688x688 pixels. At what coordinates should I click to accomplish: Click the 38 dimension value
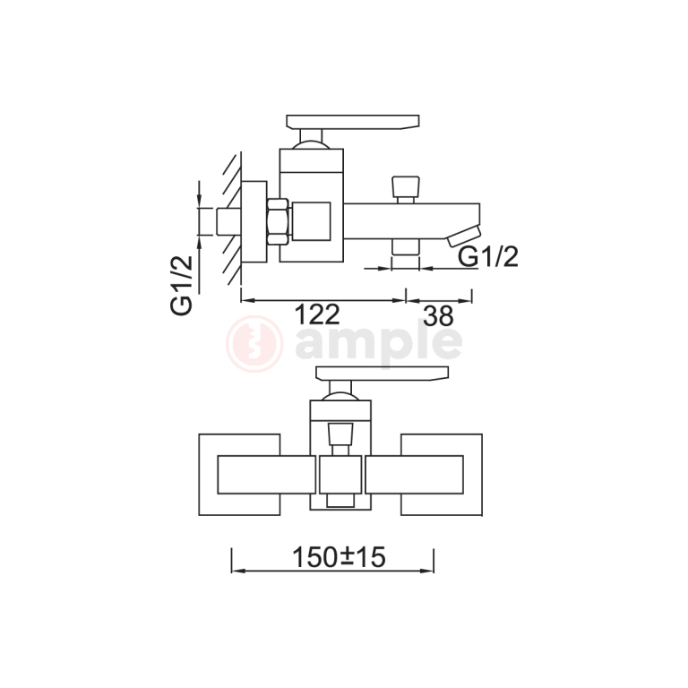pyautogui.click(x=437, y=315)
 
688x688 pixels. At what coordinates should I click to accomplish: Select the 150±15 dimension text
pyautogui.click(x=338, y=557)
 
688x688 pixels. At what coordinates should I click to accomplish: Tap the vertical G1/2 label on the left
pyautogui.click(x=183, y=284)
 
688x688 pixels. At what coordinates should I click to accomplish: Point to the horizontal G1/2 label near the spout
pyautogui.click(x=488, y=257)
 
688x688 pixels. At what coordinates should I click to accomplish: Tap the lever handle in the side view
pyautogui.click(x=352, y=121)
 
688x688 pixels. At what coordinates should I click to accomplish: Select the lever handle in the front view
pyautogui.click(x=381, y=373)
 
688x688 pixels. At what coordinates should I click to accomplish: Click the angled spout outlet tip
pyautogui.click(x=464, y=235)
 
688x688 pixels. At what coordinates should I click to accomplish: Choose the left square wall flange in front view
pyautogui.click(x=238, y=474)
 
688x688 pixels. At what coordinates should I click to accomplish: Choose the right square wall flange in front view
pyautogui.click(x=442, y=474)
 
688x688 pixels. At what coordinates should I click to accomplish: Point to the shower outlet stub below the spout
pyautogui.click(x=406, y=248)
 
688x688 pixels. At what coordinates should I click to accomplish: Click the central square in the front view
pyautogui.click(x=340, y=474)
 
